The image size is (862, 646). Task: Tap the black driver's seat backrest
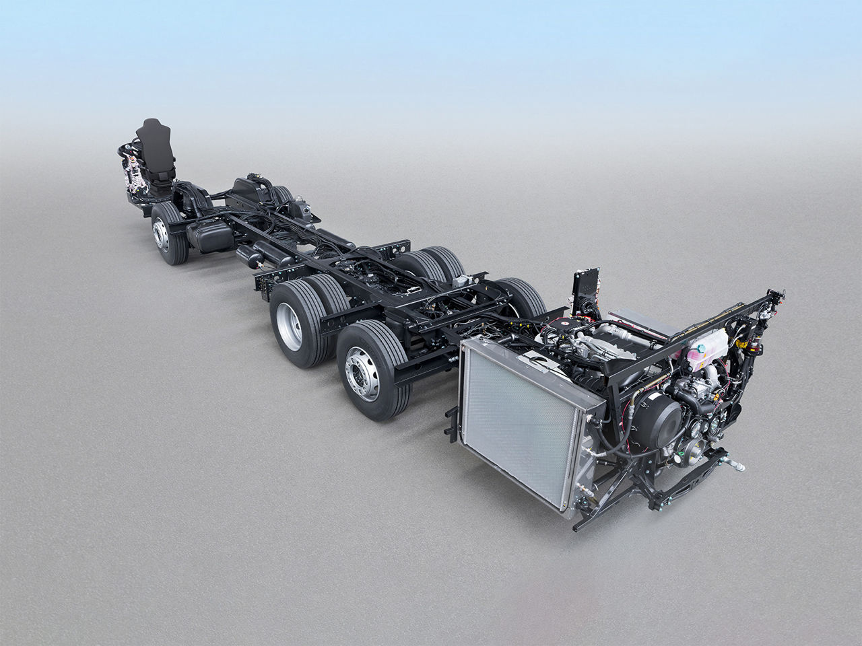tap(154, 141)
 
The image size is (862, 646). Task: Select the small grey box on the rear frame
tap(460, 281)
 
